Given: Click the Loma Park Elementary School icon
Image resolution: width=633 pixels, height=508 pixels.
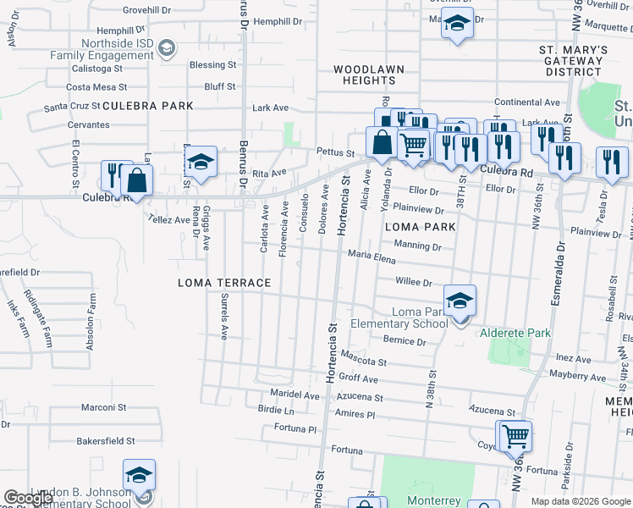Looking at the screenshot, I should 460,302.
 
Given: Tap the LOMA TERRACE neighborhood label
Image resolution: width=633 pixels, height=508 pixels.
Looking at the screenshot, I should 224,283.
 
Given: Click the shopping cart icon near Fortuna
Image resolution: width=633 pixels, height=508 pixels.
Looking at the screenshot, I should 515,438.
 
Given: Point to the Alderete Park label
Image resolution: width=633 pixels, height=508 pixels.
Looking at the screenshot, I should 515,334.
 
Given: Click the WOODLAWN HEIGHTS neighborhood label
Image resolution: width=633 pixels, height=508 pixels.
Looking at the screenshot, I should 368,75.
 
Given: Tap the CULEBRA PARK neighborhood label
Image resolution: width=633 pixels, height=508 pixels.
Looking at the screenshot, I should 148,106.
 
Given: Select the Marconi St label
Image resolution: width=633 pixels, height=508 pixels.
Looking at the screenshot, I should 103,407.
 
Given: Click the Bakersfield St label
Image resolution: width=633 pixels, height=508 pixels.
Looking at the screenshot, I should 106,441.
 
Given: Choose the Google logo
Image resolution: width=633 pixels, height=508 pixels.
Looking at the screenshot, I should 29,498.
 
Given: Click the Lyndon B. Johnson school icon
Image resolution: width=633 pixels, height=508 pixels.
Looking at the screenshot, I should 139,477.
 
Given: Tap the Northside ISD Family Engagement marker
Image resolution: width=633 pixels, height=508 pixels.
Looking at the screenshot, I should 168,47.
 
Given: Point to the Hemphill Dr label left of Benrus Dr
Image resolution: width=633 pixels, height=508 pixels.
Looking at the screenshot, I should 96,30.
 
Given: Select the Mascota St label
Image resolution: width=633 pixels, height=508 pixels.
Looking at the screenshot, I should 364,358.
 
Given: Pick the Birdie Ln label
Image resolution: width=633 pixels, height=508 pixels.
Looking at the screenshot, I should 275,410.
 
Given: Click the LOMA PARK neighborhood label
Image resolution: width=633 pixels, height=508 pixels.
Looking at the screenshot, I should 421,227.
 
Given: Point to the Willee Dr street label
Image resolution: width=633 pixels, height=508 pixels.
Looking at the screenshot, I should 414,283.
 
